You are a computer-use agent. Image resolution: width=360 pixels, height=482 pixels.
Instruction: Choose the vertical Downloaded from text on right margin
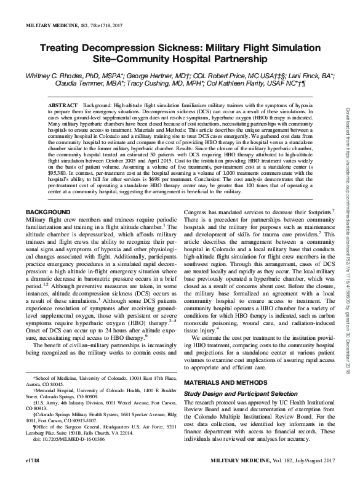click(348, 185)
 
